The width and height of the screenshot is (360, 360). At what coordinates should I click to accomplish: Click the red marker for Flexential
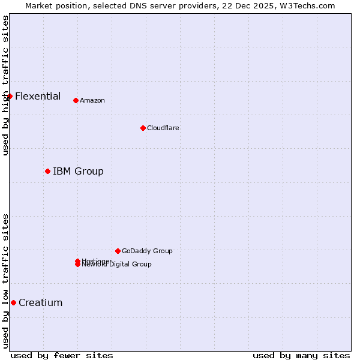(x=10, y=96)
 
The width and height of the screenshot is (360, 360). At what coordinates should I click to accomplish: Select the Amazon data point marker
(x=76, y=100)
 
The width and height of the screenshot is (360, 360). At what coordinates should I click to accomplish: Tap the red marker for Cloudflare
(x=143, y=128)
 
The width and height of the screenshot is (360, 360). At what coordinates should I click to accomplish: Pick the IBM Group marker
(x=47, y=171)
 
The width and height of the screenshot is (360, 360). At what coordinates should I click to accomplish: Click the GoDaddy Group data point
(x=118, y=251)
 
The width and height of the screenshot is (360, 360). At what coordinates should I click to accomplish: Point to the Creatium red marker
(x=13, y=302)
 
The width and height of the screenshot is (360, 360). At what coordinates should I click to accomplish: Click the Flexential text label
(x=38, y=96)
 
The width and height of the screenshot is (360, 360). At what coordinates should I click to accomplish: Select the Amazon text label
(x=92, y=101)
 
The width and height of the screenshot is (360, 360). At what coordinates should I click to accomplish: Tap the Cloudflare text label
(x=163, y=128)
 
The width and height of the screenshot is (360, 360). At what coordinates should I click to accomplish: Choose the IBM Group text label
(x=78, y=172)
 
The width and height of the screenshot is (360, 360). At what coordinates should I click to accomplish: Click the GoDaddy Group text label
(x=147, y=251)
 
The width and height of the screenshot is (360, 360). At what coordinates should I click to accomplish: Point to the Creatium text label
(x=41, y=303)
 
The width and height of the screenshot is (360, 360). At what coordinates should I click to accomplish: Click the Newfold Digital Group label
(x=118, y=265)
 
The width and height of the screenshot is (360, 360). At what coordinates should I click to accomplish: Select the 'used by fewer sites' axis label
(x=62, y=356)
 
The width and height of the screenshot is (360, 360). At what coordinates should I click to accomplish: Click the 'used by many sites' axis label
(x=301, y=356)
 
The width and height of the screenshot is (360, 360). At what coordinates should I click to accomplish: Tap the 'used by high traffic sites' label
(x=5, y=86)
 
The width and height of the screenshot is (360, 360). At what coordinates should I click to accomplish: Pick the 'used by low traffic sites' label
(x=5, y=281)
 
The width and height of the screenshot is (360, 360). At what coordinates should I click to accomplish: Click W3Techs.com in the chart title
(x=305, y=5)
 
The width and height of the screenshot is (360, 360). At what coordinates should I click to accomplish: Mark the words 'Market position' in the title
(x=53, y=5)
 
